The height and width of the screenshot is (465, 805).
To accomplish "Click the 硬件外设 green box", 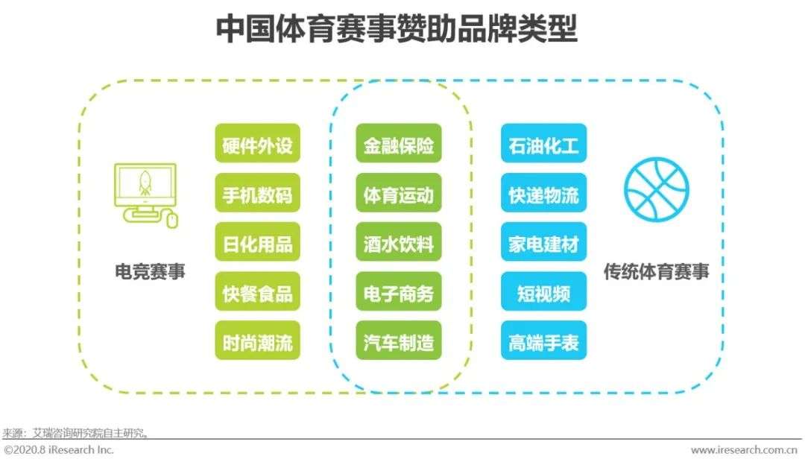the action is (257, 144).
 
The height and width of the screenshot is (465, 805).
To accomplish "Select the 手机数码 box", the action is (257, 194).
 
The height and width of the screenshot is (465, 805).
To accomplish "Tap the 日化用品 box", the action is (257, 243).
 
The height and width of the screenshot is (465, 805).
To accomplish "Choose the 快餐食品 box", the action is (257, 292).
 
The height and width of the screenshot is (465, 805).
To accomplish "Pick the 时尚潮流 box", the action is (257, 341).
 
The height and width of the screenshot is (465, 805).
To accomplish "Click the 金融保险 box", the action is (398, 144).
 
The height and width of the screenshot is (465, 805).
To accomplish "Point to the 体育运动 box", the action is (398, 194).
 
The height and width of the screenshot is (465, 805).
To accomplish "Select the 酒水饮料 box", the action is (398, 243).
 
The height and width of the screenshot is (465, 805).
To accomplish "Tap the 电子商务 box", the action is (398, 292).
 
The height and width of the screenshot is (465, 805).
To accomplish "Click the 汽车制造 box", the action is (398, 341).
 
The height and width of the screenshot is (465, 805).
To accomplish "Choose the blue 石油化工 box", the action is (543, 144).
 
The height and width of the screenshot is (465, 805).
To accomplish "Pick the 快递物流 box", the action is (543, 194).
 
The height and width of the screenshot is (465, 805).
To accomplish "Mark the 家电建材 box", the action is (543, 243).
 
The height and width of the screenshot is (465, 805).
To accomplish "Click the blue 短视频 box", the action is (543, 292).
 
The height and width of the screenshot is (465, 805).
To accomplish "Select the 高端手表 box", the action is (543, 341).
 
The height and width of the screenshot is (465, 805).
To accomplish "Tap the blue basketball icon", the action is (657, 189).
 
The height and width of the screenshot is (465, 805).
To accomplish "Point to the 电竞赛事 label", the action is (150, 271).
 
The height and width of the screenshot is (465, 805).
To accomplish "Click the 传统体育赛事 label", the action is (656, 271).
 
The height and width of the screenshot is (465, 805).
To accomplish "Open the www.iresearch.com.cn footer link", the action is (744, 450).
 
